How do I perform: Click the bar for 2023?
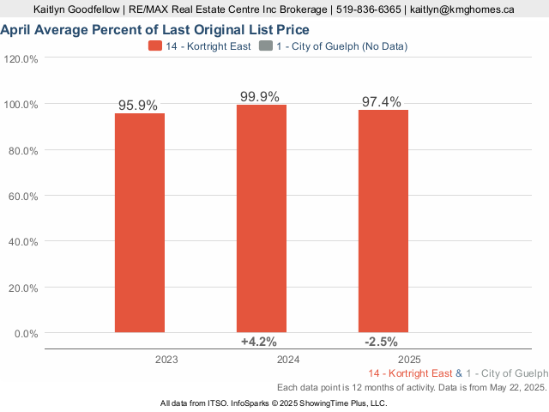(140, 222)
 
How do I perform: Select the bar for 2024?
(262, 218)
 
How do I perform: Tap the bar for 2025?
(383, 221)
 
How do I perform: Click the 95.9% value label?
(138, 106)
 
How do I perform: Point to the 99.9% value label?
(260, 97)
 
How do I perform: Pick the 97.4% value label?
(382, 102)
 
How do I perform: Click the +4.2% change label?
(259, 342)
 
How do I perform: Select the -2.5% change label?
(381, 342)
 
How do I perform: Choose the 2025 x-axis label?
(408, 359)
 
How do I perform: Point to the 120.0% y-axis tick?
(21, 59)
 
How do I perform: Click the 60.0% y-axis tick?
(23, 197)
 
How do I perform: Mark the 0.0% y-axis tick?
(26, 334)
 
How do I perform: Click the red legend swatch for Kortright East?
(155, 46)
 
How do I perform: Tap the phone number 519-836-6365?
(367, 9)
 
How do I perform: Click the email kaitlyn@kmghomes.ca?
(462, 9)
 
